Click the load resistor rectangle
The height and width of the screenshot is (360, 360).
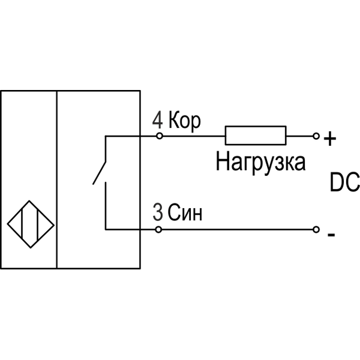click(255, 136)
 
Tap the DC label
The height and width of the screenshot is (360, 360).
click(344, 183)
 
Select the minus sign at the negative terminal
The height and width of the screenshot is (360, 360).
click(331, 235)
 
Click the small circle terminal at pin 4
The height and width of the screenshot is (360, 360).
click(159, 136)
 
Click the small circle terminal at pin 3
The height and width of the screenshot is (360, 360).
click(159, 229)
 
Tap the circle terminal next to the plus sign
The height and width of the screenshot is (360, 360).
click(316, 136)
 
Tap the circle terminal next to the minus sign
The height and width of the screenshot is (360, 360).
click(316, 229)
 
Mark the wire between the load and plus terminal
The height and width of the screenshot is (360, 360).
click(300, 136)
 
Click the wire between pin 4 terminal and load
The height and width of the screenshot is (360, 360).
click(192, 136)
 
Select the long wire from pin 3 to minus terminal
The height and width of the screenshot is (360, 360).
click(240, 229)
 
